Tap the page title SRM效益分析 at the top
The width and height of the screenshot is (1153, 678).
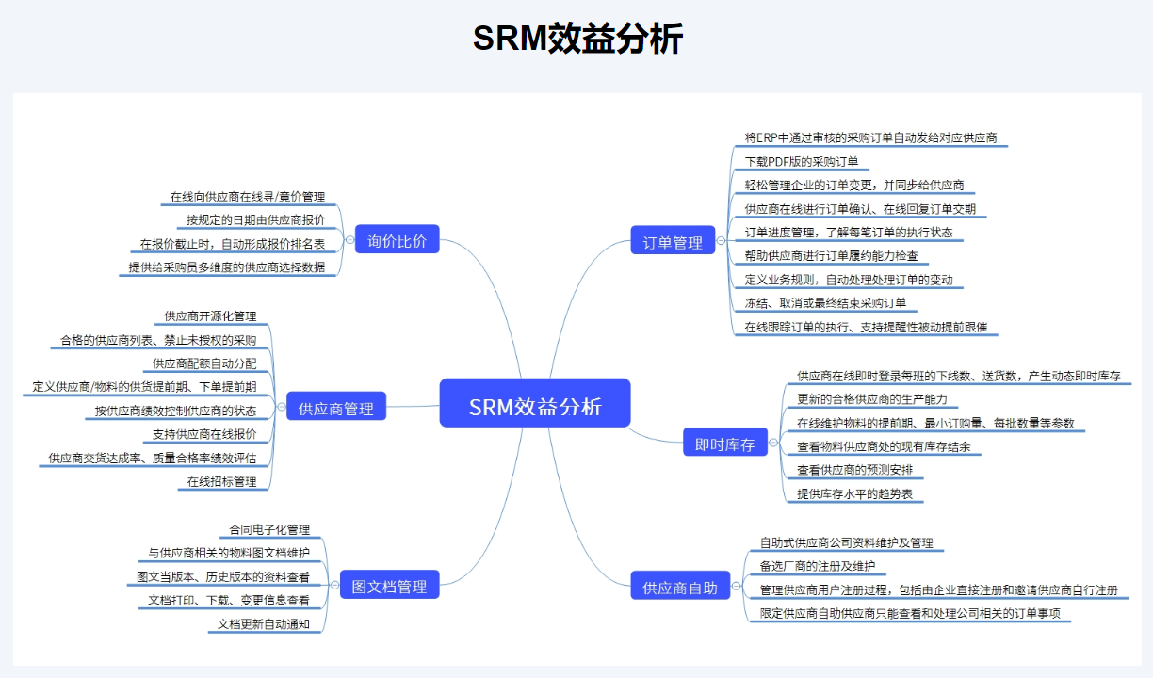tap(577, 40)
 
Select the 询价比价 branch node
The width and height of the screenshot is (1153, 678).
tap(397, 241)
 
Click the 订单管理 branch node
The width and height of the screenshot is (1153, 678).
tap(673, 243)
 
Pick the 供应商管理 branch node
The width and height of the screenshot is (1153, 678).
tap(336, 409)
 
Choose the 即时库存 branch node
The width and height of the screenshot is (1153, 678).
tap(725, 444)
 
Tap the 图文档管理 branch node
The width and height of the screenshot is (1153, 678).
tap(389, 587)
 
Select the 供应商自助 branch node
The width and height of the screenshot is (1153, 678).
tap(680, 588)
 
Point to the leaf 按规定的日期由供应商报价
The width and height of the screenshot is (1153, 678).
tap(255, 220)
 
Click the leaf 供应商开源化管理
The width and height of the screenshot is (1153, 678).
tap(210, 316)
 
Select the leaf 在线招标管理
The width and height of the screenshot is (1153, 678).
tap(221, 481)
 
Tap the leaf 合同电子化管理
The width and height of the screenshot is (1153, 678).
tap(269, 530)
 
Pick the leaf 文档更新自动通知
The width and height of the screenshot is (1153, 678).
tap(264, 623)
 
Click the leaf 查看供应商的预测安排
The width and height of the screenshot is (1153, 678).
tap(854, 470)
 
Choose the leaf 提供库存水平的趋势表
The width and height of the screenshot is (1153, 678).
tap(854, 493)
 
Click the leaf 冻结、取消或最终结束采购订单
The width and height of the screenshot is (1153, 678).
tap(825, 303)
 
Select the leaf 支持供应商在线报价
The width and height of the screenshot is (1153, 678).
tap(211, 435)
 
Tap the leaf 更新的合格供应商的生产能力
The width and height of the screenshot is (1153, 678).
tap(872, 399)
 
